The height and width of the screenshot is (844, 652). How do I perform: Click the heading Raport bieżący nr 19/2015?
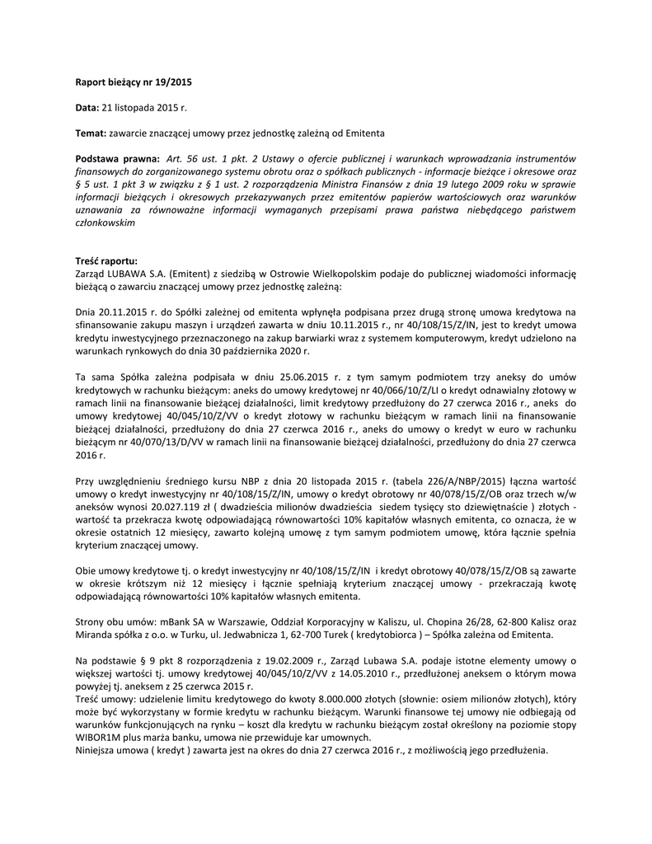point(133,82)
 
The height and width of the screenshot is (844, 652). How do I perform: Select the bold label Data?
point(87,107)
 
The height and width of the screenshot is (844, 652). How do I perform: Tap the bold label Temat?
point(91,132)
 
